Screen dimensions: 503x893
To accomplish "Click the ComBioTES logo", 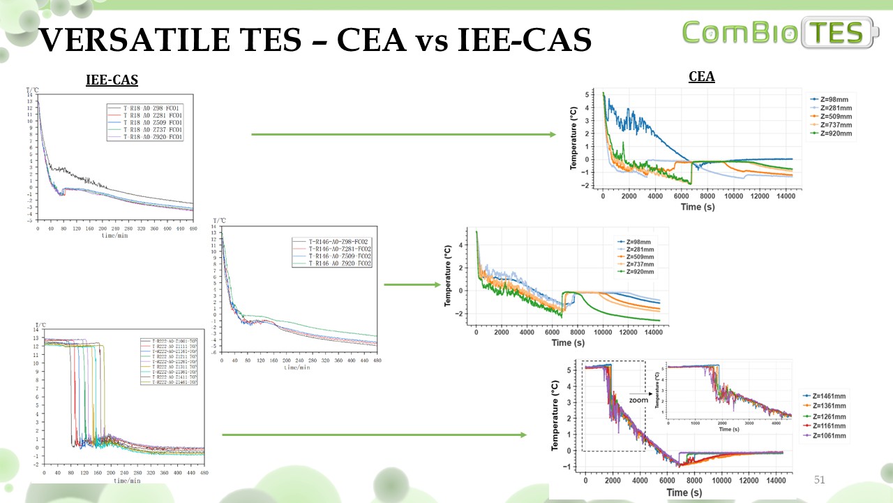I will pos(781,33).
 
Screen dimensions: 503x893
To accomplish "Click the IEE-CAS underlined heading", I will pos(112,80).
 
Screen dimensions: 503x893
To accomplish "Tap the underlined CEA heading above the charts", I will pos(701,77).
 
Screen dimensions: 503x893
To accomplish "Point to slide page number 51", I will pos(820,480).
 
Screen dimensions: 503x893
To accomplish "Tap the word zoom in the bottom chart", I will pos(638,400).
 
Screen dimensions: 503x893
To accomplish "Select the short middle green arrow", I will pos(412,284).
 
